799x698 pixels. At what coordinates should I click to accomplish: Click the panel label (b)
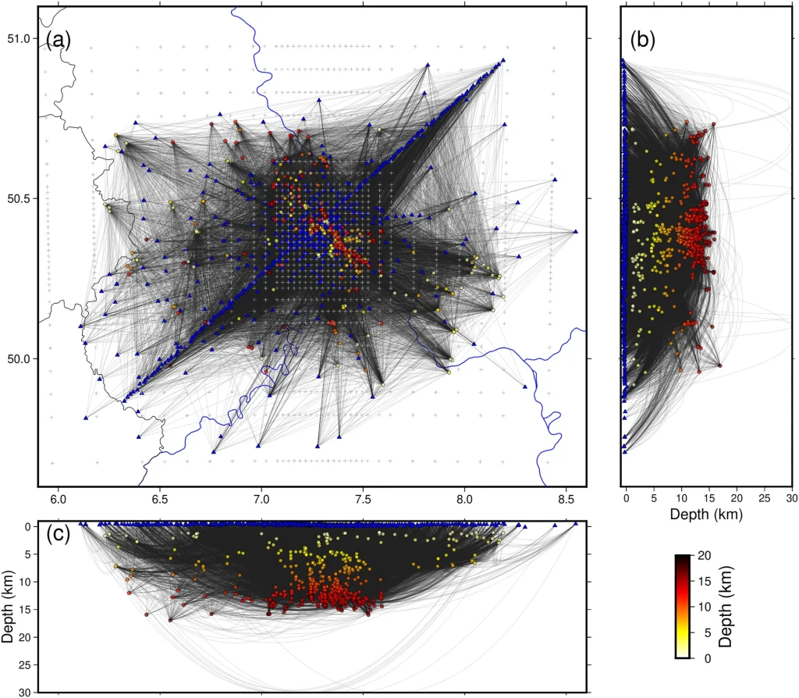pos(643,40)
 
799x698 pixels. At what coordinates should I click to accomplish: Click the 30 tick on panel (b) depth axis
pos(791,497)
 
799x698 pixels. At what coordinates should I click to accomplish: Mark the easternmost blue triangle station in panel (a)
pos(575,232)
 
